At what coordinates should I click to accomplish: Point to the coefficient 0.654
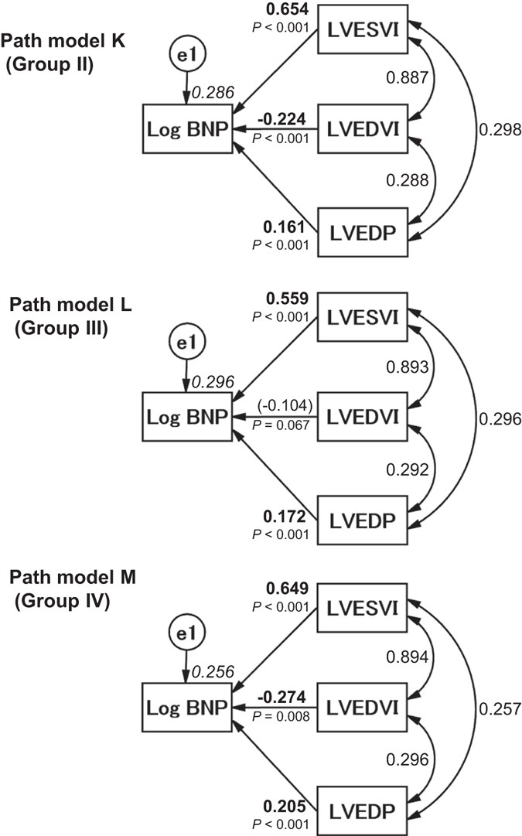click(289, 10)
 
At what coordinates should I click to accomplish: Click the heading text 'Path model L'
click(70, 305)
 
